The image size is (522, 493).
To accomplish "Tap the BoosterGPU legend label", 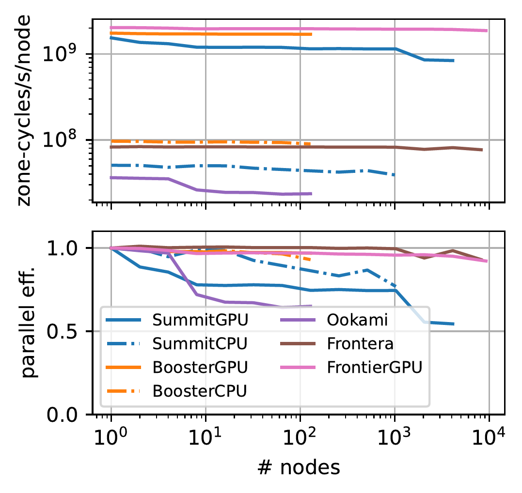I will tap(200, 367).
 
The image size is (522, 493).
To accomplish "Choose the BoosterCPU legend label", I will tap(199, 390).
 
